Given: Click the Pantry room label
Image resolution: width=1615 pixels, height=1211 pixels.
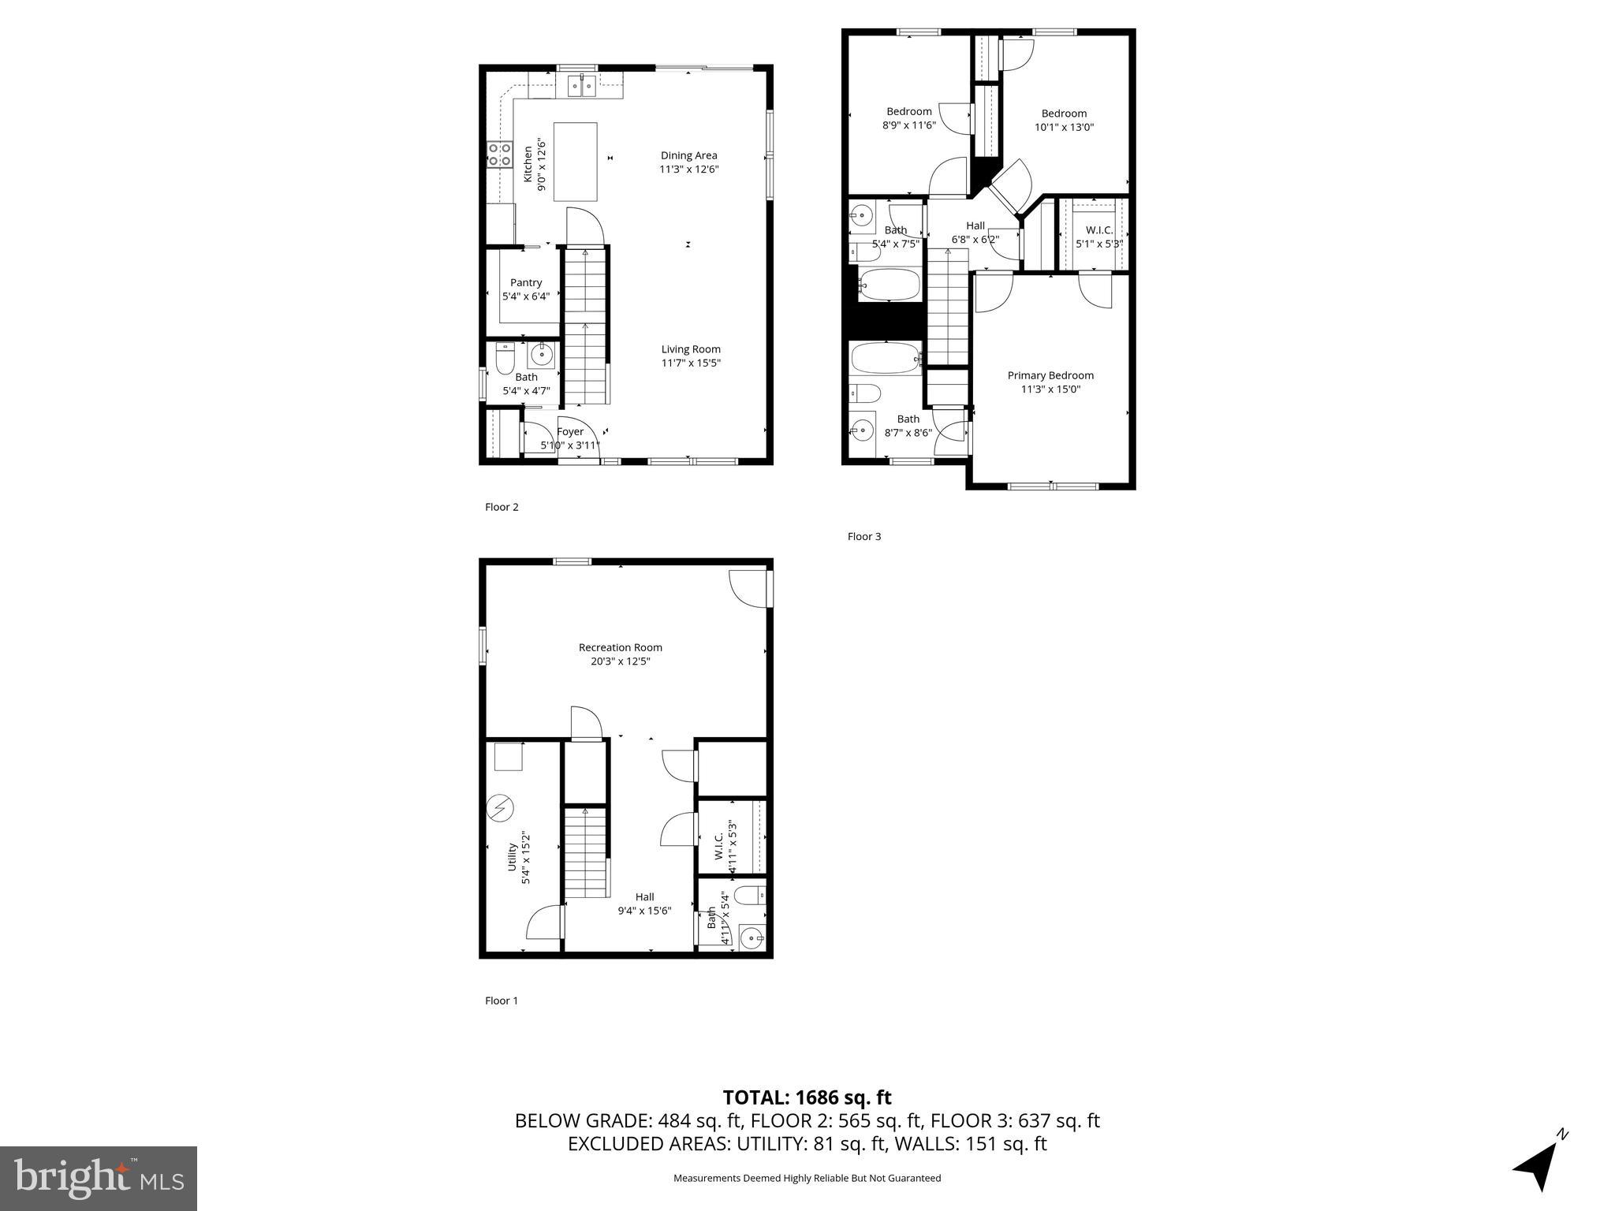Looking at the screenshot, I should (x=526, y=282).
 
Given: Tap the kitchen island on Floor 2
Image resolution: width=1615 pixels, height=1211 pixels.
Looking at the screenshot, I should (x=575, y=162).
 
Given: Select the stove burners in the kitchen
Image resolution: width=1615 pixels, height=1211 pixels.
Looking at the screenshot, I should (x=498, y=154).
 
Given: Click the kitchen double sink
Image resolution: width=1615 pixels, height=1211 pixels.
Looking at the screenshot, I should (x=581, y=85).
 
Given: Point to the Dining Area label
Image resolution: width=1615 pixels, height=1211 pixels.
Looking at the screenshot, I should (x=688, y=155).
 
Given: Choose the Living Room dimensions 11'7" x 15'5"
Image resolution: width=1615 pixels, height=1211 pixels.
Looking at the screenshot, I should (x=691, y=363).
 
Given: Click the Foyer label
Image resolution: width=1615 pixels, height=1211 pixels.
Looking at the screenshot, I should (x=570, y=431).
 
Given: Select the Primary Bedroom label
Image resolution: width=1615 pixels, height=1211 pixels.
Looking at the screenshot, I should (x=1050, y=375).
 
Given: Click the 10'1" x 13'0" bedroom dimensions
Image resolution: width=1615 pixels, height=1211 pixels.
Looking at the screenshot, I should (x=1064, y=127).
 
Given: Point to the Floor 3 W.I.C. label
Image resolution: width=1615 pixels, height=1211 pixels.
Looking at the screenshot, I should (x=1099, y=230).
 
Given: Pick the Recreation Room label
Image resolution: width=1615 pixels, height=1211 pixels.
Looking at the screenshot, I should (x=620, y=647).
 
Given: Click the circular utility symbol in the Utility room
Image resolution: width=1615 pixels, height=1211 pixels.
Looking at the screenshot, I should (x=500, y=808).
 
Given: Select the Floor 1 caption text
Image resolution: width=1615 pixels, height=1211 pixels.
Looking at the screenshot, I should (x=502, y=1000).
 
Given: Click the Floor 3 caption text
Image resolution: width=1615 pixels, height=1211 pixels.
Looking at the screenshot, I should (x=863, y=536).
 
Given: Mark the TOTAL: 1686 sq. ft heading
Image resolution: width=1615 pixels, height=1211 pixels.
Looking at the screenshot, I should (x=807, y=1097).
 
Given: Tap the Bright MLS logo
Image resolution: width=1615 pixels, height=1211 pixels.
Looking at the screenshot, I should (x=99, y=1178).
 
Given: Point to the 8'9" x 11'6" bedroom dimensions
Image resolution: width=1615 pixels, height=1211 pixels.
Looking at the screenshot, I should (x=908, y=125).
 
